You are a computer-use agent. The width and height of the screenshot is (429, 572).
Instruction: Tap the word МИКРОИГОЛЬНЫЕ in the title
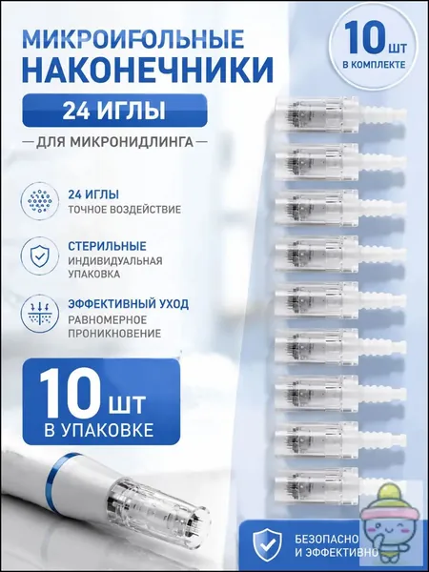[x=133, y=38]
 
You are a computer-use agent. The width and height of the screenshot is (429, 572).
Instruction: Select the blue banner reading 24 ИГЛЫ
[x=114, y=111]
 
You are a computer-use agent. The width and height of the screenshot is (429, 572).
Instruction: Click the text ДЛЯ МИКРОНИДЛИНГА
[x=114, y=141]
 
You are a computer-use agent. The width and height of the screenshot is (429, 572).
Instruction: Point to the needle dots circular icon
[x=39, y=200]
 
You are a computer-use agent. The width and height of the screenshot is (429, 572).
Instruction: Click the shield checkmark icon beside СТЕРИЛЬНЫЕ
[x=39, y=255]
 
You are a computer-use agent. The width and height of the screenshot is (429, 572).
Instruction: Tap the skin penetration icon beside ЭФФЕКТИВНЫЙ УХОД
[x=39, y=314]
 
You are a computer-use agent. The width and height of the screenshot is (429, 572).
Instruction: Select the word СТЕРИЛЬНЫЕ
[x=107, y=246]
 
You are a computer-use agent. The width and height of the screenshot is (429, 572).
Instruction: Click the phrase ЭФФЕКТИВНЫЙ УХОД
[x=128, y=304]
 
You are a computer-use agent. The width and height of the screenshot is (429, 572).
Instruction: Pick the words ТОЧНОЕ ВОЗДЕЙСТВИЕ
[x=124, y=210]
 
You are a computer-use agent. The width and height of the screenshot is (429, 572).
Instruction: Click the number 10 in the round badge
[x=364, y=37]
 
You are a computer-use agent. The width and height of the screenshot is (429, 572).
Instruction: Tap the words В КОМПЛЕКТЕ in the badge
[x=374, y=65]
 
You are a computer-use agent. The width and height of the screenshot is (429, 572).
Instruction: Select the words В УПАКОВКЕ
[x=98, y=431]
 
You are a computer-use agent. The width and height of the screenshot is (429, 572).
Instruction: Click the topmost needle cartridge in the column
[x=340, y=113]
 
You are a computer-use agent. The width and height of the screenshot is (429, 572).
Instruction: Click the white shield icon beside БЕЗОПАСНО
[x=268, y=542]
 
